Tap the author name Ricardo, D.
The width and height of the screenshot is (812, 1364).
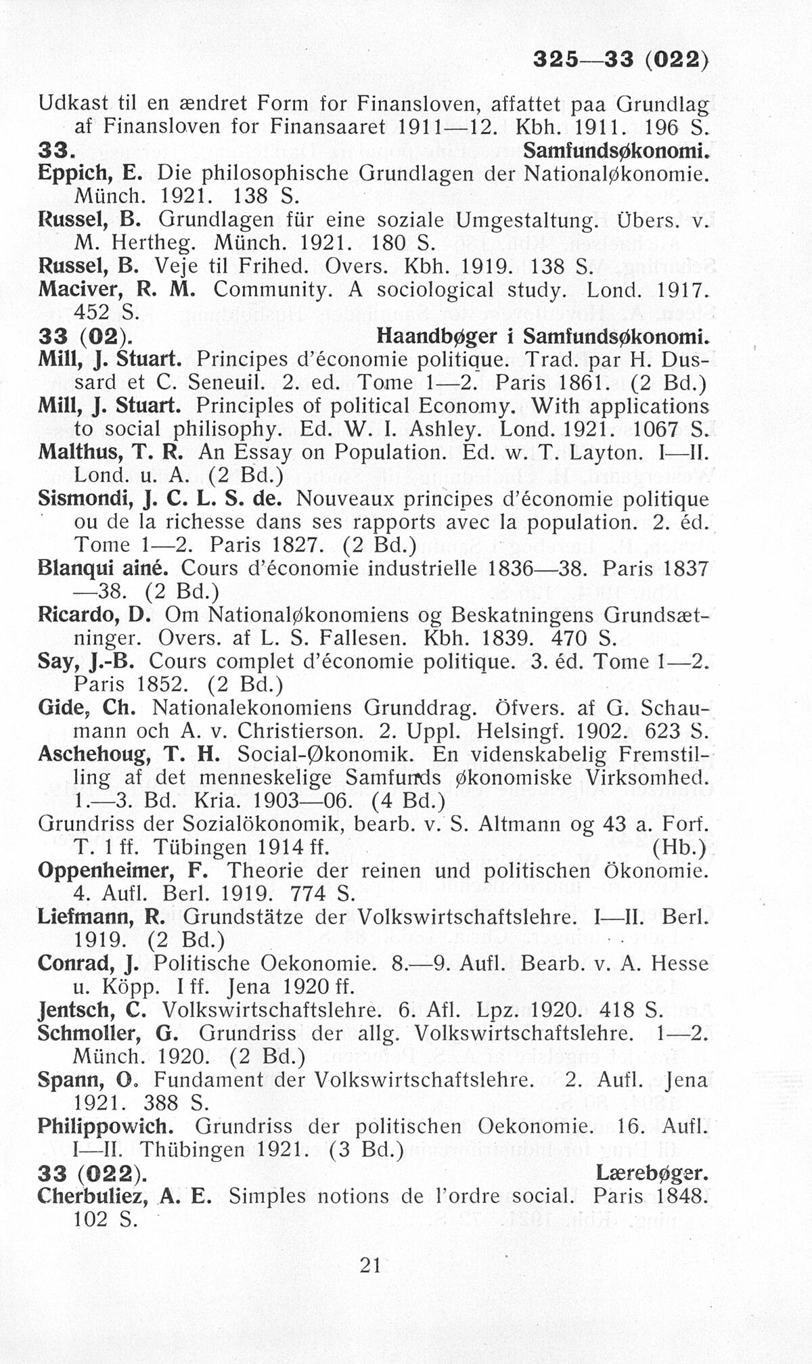click(x=94, y=615)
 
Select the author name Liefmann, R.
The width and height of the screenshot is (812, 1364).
click(x=105, y=917)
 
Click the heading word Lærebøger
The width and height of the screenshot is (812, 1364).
click(x=652, y=1173)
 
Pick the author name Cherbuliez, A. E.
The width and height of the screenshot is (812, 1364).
click(x=125, y=1196)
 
